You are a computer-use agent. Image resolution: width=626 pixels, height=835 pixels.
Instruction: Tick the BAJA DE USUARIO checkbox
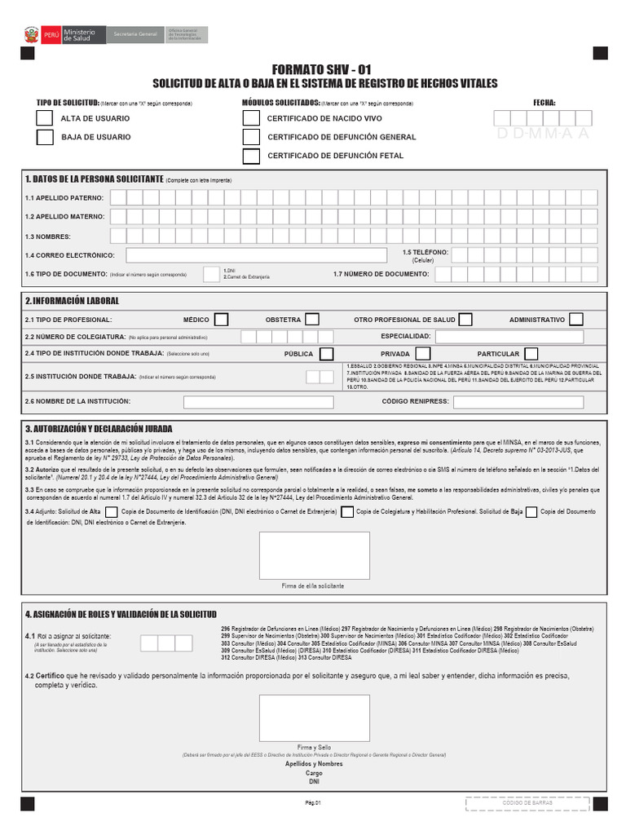(45, 137)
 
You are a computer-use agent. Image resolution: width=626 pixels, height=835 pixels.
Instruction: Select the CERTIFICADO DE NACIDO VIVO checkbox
(252, 118)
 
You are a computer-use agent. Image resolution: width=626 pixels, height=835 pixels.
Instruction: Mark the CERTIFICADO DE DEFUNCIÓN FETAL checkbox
(252, 156)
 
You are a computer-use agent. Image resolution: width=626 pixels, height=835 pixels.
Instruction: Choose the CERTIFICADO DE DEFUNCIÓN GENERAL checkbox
(252, 137)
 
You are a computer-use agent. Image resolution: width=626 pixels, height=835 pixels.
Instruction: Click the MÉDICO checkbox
(221, 320)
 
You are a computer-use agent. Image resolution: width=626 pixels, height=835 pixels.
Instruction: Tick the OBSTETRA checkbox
(311, 320)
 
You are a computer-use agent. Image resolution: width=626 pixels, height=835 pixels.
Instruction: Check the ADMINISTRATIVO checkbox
(576, 320)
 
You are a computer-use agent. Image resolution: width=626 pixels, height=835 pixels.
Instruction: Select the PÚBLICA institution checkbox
(326, 354)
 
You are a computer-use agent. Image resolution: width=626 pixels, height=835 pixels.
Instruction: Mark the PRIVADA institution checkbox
(423, 354)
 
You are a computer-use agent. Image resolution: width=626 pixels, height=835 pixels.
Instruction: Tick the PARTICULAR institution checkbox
(531, 354)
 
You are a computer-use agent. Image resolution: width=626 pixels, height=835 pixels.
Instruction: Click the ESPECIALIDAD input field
(509, 336)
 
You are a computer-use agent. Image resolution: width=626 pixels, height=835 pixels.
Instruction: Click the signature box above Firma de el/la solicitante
(314, 555)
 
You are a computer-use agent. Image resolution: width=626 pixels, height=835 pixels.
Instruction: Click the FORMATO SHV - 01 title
(324, 71)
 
